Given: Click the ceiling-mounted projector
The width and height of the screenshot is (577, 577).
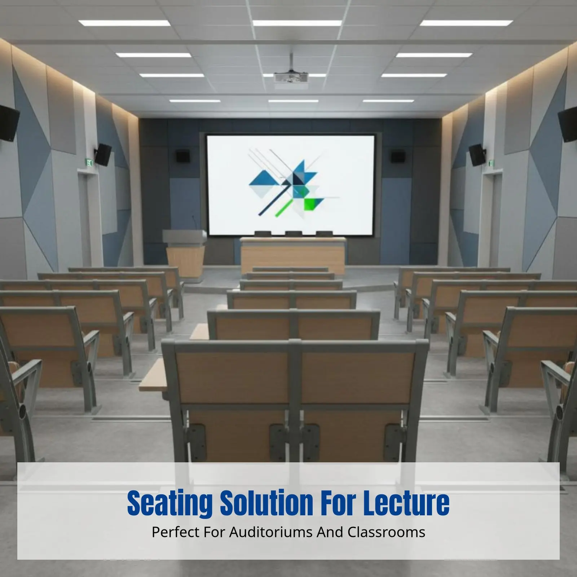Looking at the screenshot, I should tap(291, 78).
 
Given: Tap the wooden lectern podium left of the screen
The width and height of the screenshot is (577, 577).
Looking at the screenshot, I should tap(185, 252).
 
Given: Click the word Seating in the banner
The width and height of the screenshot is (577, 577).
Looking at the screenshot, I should tap(169, 503).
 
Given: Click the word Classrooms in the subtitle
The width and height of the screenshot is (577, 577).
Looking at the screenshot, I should tap(386, 532).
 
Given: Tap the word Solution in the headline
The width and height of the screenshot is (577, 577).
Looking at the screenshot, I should tap(267, 503).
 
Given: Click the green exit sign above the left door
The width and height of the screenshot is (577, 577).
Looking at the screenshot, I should tap(89, 163).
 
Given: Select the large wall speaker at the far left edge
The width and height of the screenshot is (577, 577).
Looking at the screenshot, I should tap(8, 123).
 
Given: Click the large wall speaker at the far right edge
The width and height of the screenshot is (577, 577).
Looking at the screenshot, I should tap(569, 124).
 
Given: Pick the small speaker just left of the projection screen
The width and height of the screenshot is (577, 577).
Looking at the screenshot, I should tap(182, 156).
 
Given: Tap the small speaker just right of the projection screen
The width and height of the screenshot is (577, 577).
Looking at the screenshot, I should tap(398, 156).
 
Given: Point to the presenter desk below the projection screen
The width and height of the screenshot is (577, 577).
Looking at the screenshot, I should tap(292, 254).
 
